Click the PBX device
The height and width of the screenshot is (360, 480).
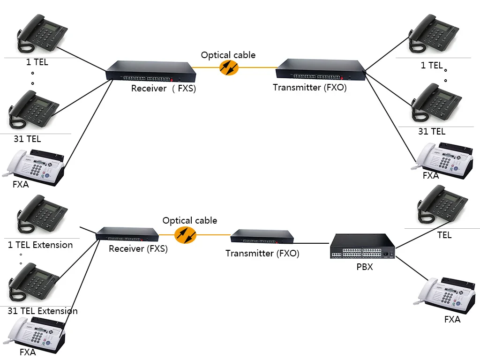pos(362,247)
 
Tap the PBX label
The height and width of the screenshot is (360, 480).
pos(365,270)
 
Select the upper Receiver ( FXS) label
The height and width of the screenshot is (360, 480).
pos(163,89)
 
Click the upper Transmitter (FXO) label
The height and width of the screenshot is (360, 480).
pos(309,87)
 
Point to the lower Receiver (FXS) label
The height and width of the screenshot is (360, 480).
pos(138,249)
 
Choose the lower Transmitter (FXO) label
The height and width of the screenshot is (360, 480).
pos(262,254)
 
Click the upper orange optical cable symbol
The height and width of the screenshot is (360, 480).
pos(229,68)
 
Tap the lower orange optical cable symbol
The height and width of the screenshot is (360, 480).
pos(185,234)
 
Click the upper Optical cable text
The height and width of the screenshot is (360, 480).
pos(228,55)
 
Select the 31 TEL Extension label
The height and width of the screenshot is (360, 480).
pos(43,311)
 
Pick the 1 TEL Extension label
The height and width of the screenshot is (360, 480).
pos(40,245)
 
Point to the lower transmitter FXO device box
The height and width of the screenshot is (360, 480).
pos(262,236)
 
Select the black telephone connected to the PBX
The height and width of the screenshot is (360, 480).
pos(443,205)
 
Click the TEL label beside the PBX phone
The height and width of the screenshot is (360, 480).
pos(444,235)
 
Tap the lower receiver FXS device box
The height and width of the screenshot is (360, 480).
pos(127,233)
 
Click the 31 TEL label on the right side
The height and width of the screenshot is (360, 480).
pos(432,132)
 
